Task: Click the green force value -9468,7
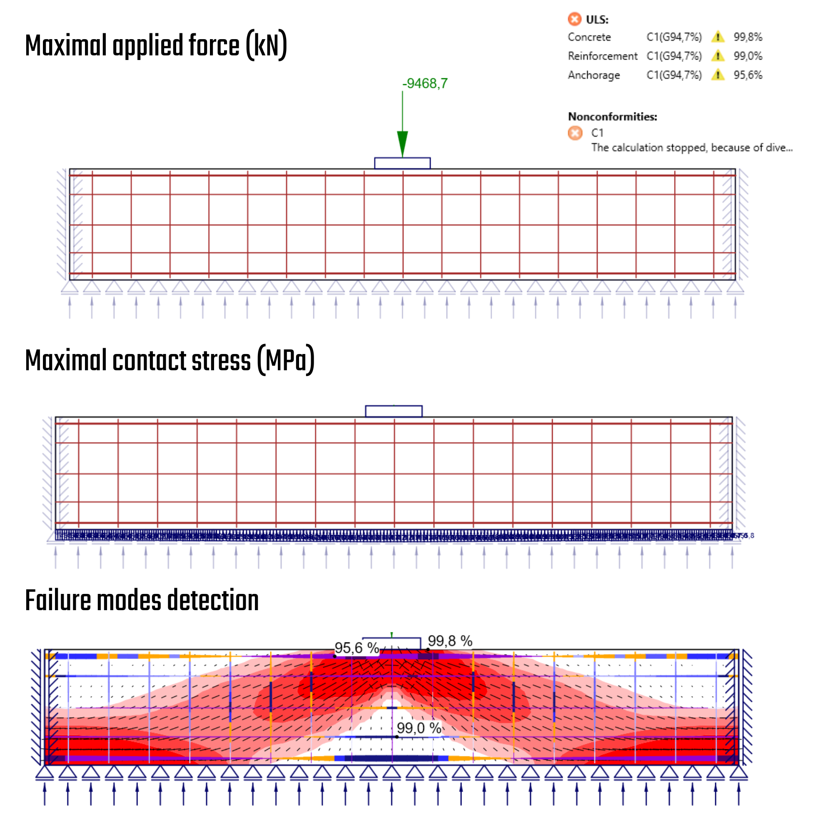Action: (x=425, y=83)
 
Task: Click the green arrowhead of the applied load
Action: (x=402, y=144)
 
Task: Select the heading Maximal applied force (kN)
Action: (x=156, y=46)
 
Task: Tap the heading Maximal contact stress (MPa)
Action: (x=170, y=360)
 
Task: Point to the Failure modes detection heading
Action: (x=142, y=600)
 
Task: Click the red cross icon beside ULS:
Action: (x=574, y=20)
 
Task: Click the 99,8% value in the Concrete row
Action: (x=748, y=37)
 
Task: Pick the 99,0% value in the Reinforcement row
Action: (x=748, y=56)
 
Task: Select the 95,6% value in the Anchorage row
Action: (x=748, y=75)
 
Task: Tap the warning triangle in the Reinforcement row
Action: (x=718, y=56)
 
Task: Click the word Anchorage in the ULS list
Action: (x=594, y=75)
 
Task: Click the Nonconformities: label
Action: (x=612, y=117)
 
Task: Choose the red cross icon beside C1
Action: (x=575, y=133)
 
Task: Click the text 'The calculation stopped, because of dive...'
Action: (x=691, y=147)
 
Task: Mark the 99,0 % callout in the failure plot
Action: (x=419, y=728)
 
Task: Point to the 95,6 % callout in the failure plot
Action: (x=357, y=648)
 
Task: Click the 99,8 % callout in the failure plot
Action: (x=450, y=641)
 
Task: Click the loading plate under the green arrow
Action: (x=402, y=163)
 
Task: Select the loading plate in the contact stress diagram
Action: (x=394, y=412)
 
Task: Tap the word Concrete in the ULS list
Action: (x=589, y=37)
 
